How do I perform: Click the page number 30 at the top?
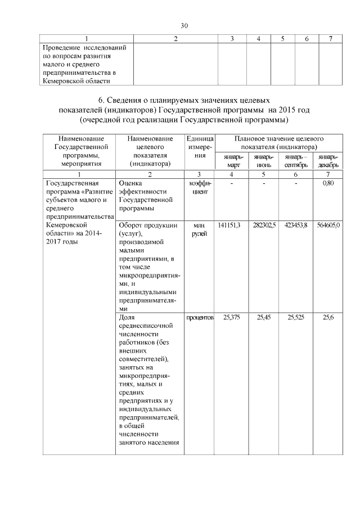pos(184,26)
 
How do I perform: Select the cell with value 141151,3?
pos(229,225)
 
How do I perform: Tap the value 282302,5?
pos(264,225)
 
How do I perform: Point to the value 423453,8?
pos(297,225)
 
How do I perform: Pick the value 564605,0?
pos(328,225)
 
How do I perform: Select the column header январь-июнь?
pos(263,160)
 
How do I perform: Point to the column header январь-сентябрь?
pos(296,160)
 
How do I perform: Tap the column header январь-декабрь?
pos(328,160)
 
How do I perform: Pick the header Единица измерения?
pos(200,146)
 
